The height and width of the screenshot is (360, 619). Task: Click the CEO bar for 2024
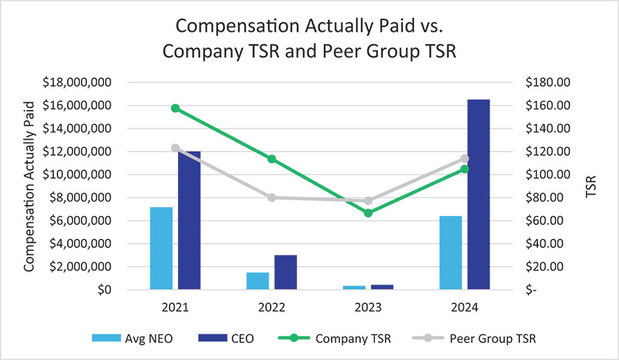coord(478,195)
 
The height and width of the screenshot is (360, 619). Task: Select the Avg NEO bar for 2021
coord(161,248)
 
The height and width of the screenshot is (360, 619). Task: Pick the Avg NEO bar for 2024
coord(451,253)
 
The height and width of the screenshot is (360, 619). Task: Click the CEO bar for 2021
coord(189,220)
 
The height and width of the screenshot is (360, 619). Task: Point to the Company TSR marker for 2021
coord(175,108)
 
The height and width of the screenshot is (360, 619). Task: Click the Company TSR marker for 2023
coord(368,213)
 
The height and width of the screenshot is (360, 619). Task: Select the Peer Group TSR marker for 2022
coord(272,197)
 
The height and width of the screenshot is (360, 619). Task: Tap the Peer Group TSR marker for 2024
coord(465,159)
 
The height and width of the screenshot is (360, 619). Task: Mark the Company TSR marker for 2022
coord(272,159)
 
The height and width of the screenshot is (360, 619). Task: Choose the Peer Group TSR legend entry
coord(478,339)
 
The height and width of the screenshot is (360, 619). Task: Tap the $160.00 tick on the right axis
coord(547,105)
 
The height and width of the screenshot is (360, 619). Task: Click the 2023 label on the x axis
coord(368,307)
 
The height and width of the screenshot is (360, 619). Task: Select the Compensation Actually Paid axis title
coord(30,186)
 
